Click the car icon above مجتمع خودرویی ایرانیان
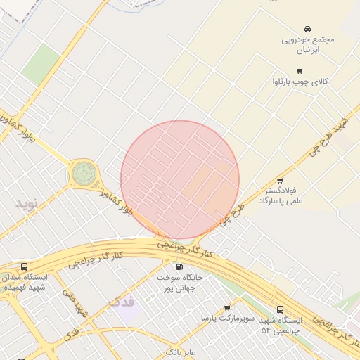pyautogui.click(x=308, y=29)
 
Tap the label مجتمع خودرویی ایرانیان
pyautogui.click(x=308, y=45)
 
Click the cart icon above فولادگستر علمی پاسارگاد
pyautogui.click(x=280, y=181)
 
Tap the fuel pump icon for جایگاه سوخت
pyautogui.click(x=179, y=267)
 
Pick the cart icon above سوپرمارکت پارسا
pyautogui.click(x=227, y=308)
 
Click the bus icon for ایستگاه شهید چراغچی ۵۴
pyautogui.click(x=281, y=309)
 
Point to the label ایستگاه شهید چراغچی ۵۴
pyautogui.click(x=281, y=325)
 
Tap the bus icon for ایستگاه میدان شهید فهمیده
pyautogui.click(x=25, y=267)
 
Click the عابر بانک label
pyautogui.click(x=181, y=351)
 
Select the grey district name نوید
pyautogui.click(x=31, y=204)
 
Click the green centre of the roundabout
pyautogui.click(x=83, y=173)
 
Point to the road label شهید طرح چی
pyautogui.click(x=332, y=134)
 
